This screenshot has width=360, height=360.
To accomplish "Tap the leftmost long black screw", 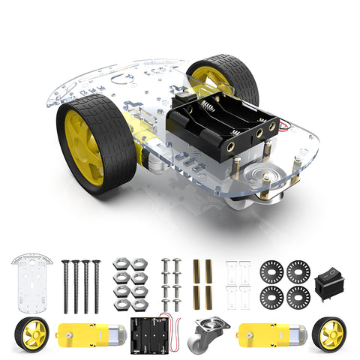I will click(x=66, y=286).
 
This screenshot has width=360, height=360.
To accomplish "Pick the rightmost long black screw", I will click(x=96, y=286).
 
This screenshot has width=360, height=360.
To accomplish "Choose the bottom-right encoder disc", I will click(x=298, y=297).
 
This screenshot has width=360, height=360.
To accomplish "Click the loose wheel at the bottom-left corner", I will click(x=31, y=334).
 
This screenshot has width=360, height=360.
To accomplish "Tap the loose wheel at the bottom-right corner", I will click(x=329, y=333).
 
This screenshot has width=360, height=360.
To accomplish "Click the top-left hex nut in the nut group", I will click(x=122, y=264).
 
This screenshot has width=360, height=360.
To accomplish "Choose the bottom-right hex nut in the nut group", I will click(x=139, y=304).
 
